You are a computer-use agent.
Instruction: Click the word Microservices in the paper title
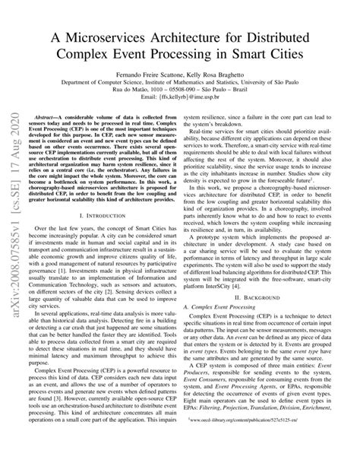tap(121, 39)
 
